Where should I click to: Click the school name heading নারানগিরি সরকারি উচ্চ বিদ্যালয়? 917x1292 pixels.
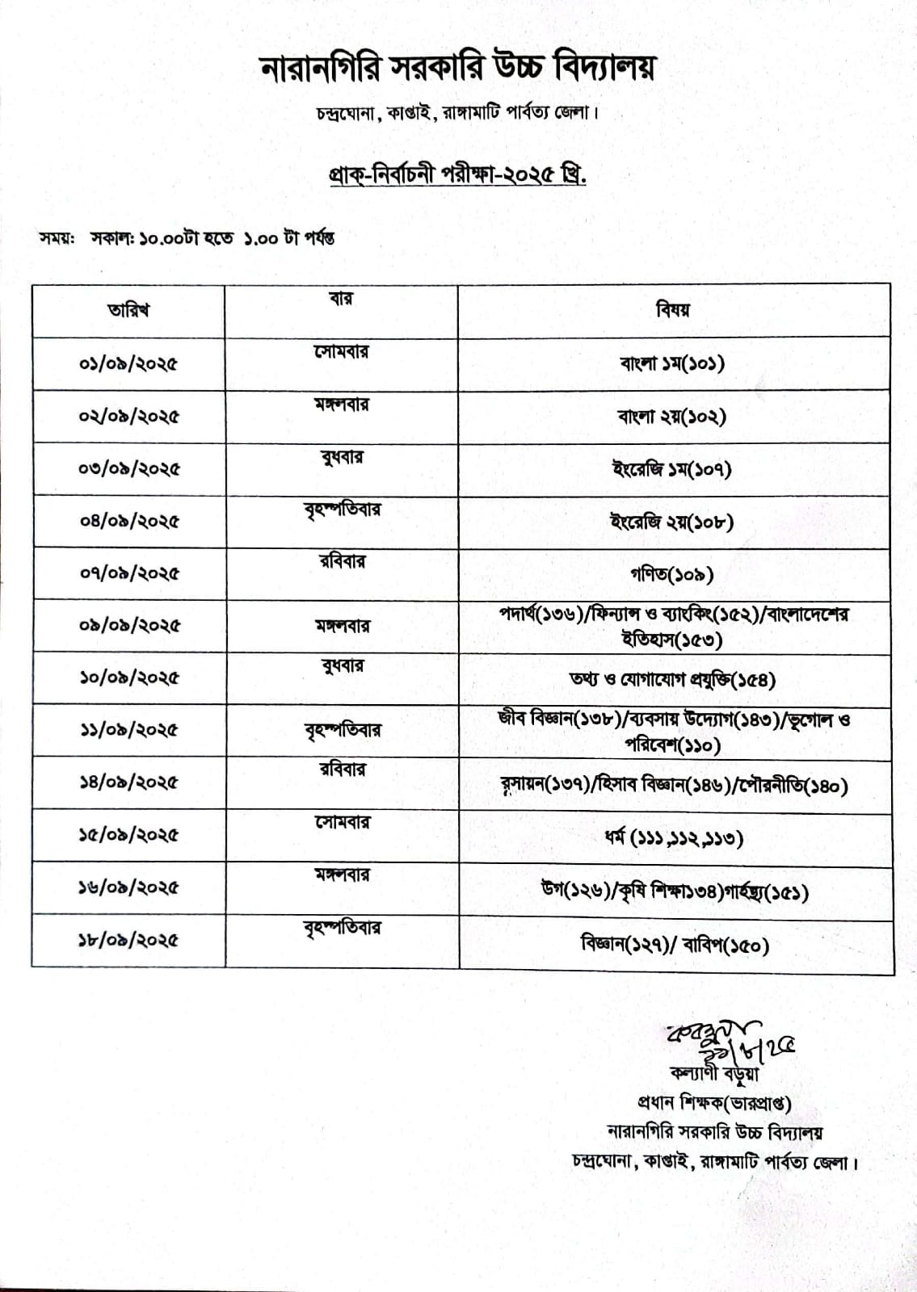(457, 69)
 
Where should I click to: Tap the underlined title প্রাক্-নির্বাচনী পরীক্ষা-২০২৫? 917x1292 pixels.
(457, 174)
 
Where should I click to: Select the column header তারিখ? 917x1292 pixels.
(128, 310)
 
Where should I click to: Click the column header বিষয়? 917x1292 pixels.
(673, 309)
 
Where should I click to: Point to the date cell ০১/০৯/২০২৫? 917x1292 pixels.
(128, 363)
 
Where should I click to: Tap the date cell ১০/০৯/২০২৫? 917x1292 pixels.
(128, 677)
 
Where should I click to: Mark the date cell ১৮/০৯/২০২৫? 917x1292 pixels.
(128, 940)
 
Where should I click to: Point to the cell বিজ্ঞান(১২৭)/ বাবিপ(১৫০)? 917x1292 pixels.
(674, 943)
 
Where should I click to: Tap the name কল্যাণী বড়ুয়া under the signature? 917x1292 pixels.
(714, 1074)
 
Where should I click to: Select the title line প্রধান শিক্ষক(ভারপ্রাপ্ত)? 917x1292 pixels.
(714, 1103)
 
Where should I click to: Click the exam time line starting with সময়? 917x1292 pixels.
(187, 238)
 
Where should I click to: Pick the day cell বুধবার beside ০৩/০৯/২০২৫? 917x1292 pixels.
(342, 458)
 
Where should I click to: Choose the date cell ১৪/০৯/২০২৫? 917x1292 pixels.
(128, 782)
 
